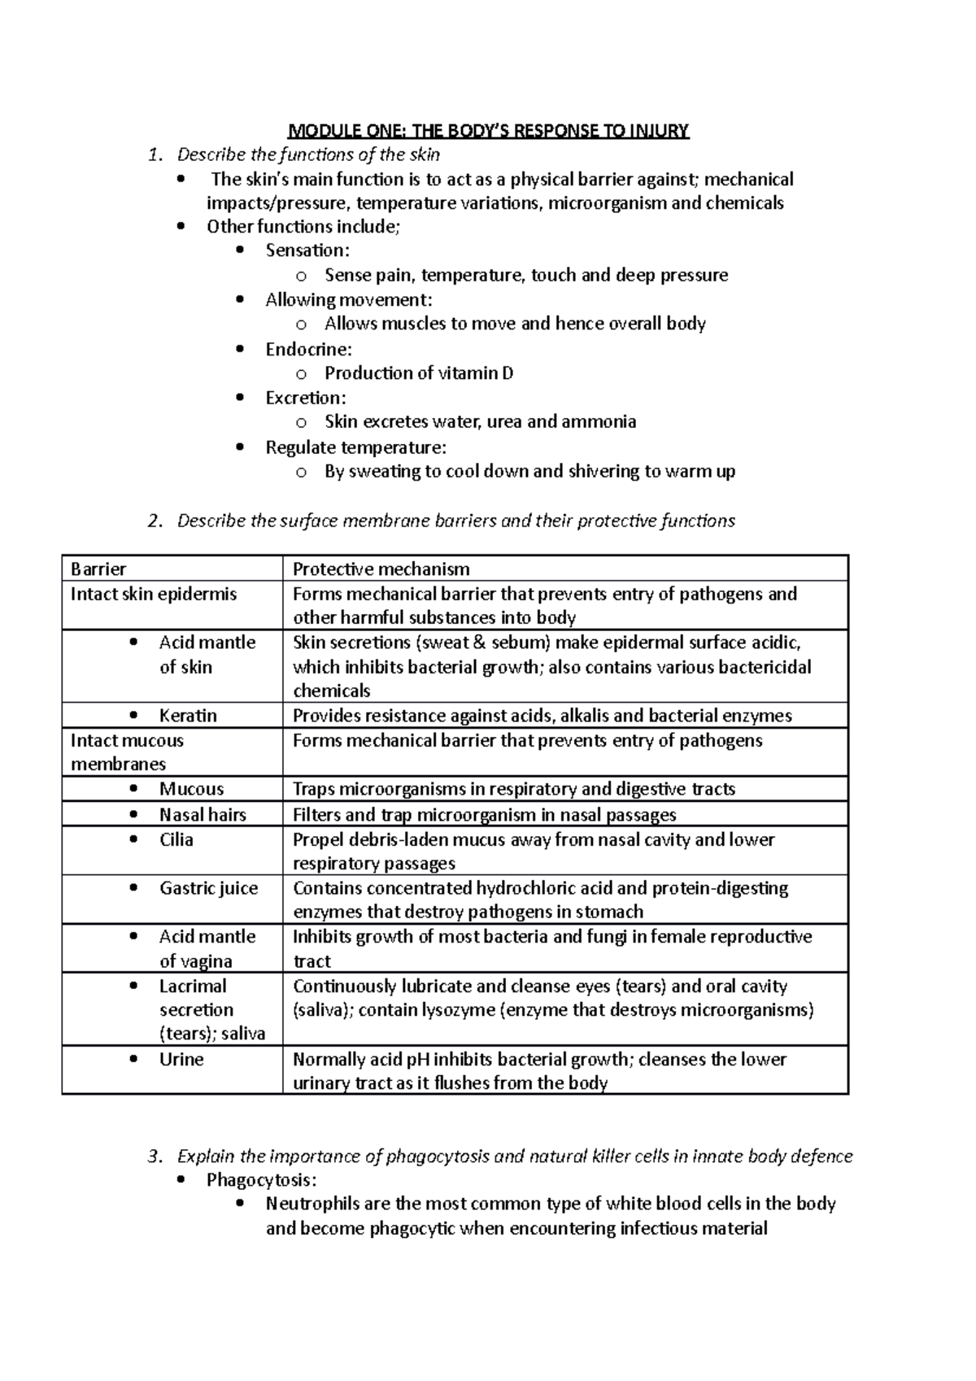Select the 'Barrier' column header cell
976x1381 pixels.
pyautogui.click(x=98, y=569)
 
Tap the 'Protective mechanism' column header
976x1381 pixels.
pyautogui.click(x=381, y=569)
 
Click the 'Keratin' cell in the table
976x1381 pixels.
pyautogui.click(x=188, y=716)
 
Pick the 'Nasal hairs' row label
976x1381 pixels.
pyautogui.click(x=203, y=815)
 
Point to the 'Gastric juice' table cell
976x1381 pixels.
pyautogui.click(x=208, y=888)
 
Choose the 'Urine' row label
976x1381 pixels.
pyautogui.click(x=181, y=1059)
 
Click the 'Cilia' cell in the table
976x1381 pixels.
pyautogui.click(x=176, y=839)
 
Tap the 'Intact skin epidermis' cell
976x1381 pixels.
pyautogui.click(x=154, y=594)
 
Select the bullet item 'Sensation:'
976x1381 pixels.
pyautogui.click(x=307, y=250)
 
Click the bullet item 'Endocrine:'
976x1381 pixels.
pyautogui.click(x=308, y=350)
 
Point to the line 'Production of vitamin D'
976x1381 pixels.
pyautogui.click(x=419, y=373)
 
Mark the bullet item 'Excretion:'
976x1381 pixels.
pyautogui.click(x=306, y=398)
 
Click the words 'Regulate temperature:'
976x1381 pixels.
pyautogui.click(x=355, y=447)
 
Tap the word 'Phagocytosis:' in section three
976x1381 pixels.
pyautogui.click(x=261, y=1180)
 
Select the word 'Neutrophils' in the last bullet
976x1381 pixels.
pyautogui.click(x=310, y=1205)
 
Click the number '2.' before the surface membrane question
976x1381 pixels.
pyautogui.click(x=155, y=521)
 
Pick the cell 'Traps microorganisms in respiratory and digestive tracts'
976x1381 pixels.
pyautogui.click(x=514, y=789)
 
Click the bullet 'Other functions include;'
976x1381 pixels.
pyautogui.click(x=303, y=227)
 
